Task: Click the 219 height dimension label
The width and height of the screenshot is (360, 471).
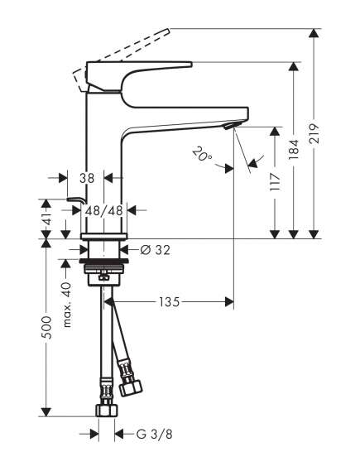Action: (314, 133)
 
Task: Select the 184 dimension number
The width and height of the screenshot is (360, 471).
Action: (294, 149)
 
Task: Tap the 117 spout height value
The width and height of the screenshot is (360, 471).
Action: (275, 181)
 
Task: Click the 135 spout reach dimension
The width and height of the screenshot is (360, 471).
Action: (169, 301)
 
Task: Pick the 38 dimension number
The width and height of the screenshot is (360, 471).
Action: (87, 178)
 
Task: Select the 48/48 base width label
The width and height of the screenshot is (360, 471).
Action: (104, 210)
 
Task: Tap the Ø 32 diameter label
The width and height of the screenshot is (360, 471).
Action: (156, 250)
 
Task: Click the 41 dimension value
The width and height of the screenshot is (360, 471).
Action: (46, 219)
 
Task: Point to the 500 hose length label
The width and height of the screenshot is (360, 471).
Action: (46, 328)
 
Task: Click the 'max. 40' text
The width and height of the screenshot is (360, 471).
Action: (67, 305)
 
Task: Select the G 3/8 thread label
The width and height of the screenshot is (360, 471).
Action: (155, 434)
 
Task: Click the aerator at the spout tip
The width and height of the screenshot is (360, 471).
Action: (230, 126)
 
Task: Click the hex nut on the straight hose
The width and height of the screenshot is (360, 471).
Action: (107, 410)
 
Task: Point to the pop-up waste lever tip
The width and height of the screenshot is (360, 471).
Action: (68, 199)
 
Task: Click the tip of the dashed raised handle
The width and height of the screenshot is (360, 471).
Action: (170, 30)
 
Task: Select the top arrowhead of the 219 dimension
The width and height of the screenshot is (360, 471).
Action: (314, 32)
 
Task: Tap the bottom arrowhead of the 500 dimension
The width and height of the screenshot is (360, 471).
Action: (46, 412)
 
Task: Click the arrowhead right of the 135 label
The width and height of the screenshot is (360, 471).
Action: (229, 301)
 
